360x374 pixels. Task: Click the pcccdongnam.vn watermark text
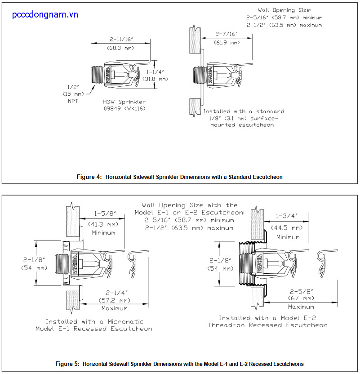pos(45,15)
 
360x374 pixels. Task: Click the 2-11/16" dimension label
pos(120,39)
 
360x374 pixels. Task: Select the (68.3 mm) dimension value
pos(120,48)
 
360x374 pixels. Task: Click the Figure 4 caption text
pos(180,177)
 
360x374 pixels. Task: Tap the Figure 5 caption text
pos(180,364)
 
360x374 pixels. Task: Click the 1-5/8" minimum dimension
pos(104,215)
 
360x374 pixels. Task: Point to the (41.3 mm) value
pos(104,224)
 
